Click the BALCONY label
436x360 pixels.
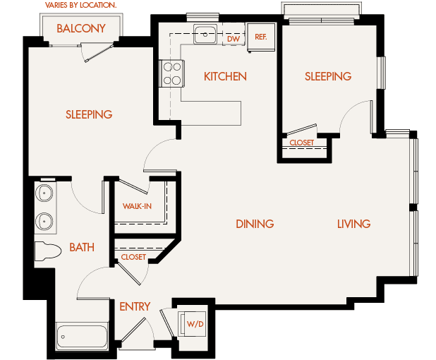pos(81,29)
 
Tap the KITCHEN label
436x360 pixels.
pos(225,76)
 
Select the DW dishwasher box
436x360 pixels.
pos(234,38)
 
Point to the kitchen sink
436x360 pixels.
pos(206,32)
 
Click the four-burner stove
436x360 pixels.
pos(173,73)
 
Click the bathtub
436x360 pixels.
pos(82,337)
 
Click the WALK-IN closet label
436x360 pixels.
pos(137,206)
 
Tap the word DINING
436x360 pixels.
pos(255,224)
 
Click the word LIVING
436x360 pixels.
pos(353,224)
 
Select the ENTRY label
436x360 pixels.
pos(135,306)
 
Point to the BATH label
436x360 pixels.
pos(82,247)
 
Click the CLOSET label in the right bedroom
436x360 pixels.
pos(302,143)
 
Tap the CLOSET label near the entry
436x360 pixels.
pos(133,257)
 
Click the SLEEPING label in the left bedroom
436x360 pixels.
pos(89,114)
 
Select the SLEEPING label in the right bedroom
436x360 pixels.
pos(328,76)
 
